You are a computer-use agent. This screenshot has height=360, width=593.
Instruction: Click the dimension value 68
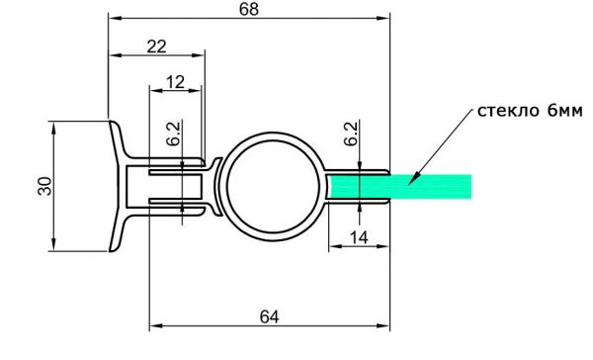[249, 9]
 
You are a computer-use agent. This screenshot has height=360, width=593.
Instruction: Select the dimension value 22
[156, 46]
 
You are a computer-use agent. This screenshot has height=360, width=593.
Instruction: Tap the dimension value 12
[175, 82]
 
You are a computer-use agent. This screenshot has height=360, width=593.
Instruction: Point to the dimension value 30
[45, 186]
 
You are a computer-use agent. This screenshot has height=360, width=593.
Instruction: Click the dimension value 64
[269, 316]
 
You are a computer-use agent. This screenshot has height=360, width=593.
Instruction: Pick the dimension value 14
[358, 237]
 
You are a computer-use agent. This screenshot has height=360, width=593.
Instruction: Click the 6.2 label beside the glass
[351, 134]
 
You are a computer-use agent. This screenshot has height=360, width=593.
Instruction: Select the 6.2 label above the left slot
[174, 134]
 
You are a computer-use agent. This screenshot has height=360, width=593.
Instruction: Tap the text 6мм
[565, 111]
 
